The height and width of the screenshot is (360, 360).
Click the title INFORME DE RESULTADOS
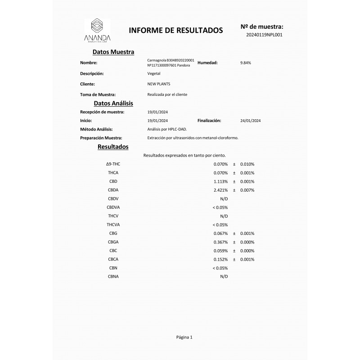pos(176,31)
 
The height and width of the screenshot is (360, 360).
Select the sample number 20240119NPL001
pos(264,34)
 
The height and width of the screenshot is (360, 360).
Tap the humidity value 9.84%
pos(246,63)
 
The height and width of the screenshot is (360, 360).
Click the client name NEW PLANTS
pos(159,84)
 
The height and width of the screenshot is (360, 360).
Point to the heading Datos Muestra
pos(113,52)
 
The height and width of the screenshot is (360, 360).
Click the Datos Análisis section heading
pos(113,103)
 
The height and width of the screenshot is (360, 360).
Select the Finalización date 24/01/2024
pos(251,121)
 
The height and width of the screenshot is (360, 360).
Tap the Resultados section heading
pos(113,147)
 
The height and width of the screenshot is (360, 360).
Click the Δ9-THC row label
pos(113,164)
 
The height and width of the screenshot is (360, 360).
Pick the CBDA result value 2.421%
pos(220,190)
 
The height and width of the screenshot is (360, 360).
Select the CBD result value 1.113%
pos(220,181)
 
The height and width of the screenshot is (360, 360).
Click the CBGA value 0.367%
pos(220,242)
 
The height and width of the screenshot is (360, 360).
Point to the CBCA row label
pos(113,259)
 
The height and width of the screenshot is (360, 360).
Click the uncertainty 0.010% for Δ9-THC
pos(247,164)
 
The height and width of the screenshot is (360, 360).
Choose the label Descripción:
pos(92,73)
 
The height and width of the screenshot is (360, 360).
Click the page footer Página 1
pos(184,337)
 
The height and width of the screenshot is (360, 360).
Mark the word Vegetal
pos(154,73)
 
